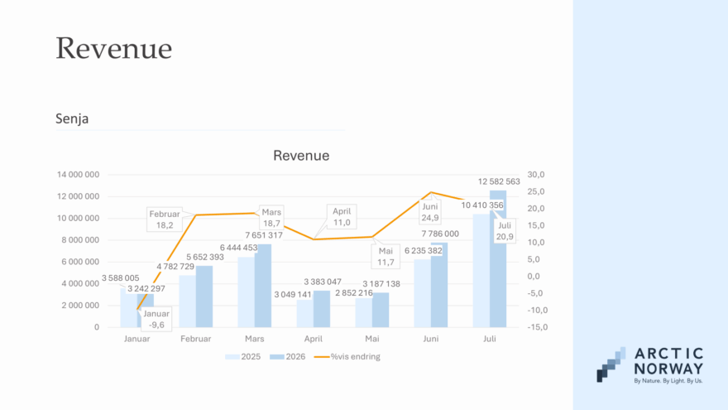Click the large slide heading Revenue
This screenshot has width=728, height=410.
[114, 48]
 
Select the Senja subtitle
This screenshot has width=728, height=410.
[72, 118]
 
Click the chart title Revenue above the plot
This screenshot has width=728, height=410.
[301, 155]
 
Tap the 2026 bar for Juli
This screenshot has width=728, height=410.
[498, 259]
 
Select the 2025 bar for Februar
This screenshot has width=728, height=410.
[188, 301]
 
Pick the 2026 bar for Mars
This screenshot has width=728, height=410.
[263, 286]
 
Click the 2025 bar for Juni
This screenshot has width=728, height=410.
[423, 293]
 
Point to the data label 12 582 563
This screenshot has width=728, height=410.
[499, 181]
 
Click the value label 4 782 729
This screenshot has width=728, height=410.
[175, 267]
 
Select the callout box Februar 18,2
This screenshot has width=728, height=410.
[165, 219]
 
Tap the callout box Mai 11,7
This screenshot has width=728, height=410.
[386, 257]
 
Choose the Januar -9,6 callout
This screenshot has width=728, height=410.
[156, 320]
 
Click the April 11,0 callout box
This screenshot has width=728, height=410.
[342, 217]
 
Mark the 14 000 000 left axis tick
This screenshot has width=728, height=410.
[78, 175]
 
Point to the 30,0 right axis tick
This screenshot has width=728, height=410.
[536, 175]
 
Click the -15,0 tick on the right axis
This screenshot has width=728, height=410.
[538, 327]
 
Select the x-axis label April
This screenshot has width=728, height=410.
[314, 339]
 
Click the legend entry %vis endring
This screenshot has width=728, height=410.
[347, 357]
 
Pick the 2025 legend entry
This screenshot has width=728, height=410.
[243, 357]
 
